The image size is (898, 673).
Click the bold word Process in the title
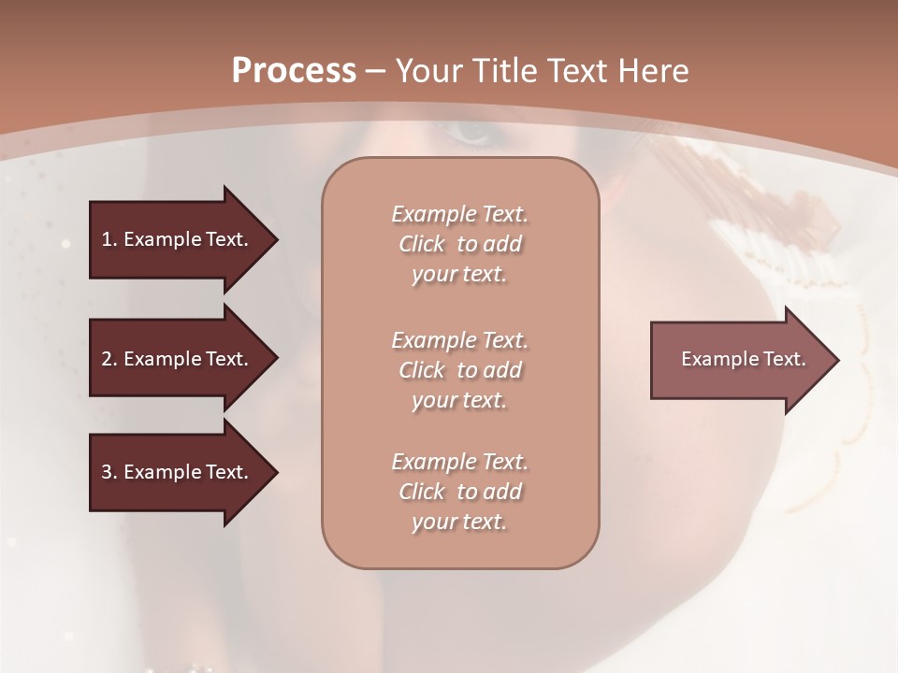294,71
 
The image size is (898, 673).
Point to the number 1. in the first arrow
109,239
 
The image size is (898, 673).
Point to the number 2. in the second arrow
109,359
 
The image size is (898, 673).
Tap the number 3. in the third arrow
109,472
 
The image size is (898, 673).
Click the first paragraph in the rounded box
459,244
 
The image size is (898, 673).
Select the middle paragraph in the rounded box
459,369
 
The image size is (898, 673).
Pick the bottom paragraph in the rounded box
459,492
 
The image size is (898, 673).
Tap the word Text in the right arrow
784,359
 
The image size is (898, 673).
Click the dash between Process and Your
375,71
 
